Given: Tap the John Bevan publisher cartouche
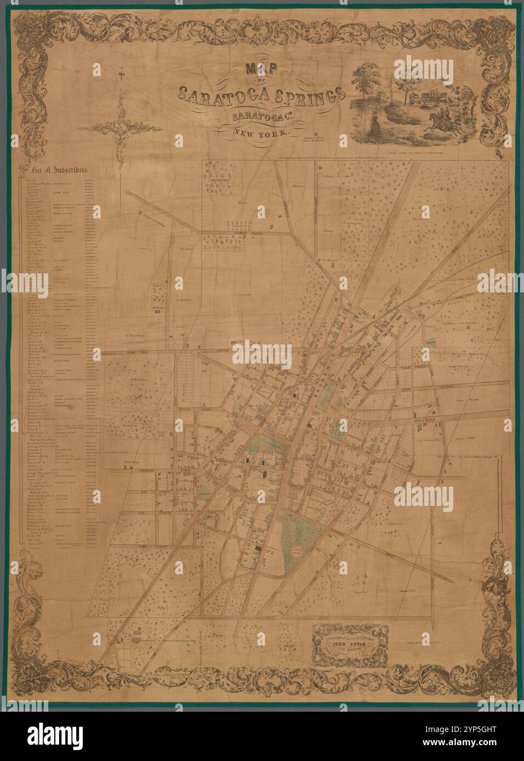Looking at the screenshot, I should coord(350,644).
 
